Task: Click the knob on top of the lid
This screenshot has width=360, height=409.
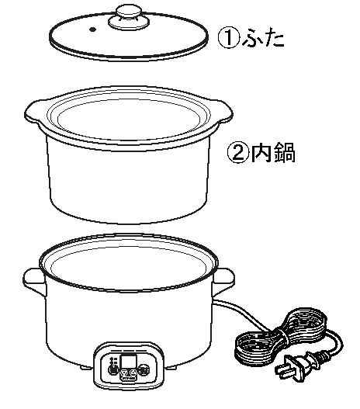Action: click(129, 18)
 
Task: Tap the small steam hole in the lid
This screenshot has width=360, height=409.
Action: click(92, 29)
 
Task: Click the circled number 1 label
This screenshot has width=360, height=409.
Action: click(228, 38)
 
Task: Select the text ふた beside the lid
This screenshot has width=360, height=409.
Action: click(263, 38)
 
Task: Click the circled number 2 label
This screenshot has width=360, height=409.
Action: click(237, 153)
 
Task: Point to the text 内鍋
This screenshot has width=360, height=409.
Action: click(273, 153)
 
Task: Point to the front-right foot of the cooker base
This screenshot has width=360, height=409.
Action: click(172, 366)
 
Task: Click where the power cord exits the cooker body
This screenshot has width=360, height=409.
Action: click(214, 302)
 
